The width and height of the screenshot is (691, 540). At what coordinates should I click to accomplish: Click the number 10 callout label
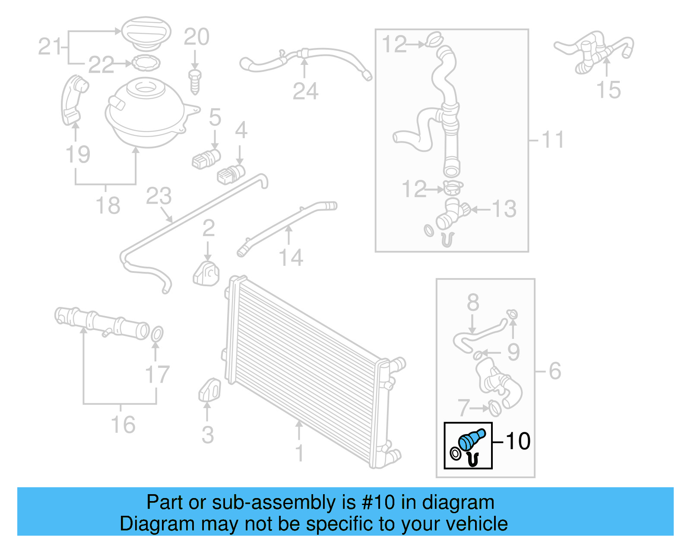517,441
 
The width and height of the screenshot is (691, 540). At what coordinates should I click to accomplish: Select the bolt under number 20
195,81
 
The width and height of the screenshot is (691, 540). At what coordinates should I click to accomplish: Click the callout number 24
305,91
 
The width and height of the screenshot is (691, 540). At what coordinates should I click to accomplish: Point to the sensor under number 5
206,159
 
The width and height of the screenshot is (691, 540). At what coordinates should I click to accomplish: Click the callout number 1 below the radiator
299,453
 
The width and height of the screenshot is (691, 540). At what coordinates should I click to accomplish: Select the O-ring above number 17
157,334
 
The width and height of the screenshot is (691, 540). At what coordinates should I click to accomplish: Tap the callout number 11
552,140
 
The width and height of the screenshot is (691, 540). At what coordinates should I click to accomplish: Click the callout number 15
608,90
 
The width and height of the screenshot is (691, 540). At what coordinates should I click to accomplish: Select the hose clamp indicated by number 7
494,408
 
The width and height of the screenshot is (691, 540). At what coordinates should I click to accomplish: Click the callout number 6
555,371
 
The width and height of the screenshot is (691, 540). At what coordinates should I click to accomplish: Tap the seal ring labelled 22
145,63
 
